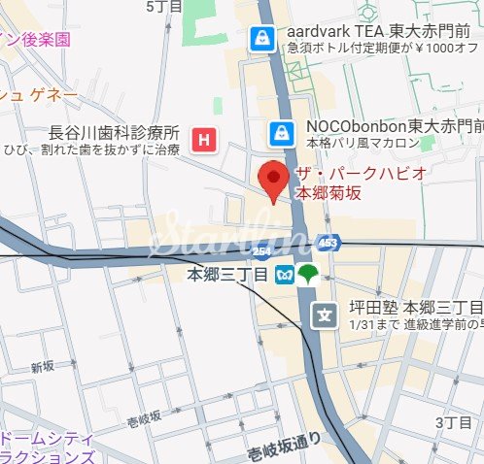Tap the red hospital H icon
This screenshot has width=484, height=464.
point(204,140)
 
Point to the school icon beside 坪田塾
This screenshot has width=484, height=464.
point(323,315)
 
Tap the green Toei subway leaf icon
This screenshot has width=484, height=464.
point(308,275)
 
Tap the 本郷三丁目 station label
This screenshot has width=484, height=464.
point(228,276)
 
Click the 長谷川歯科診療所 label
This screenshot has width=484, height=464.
point(115,133)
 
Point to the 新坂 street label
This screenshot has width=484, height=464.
point(42,368)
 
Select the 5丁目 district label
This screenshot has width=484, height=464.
point(160,7)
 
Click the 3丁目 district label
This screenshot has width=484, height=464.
point(452,423)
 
